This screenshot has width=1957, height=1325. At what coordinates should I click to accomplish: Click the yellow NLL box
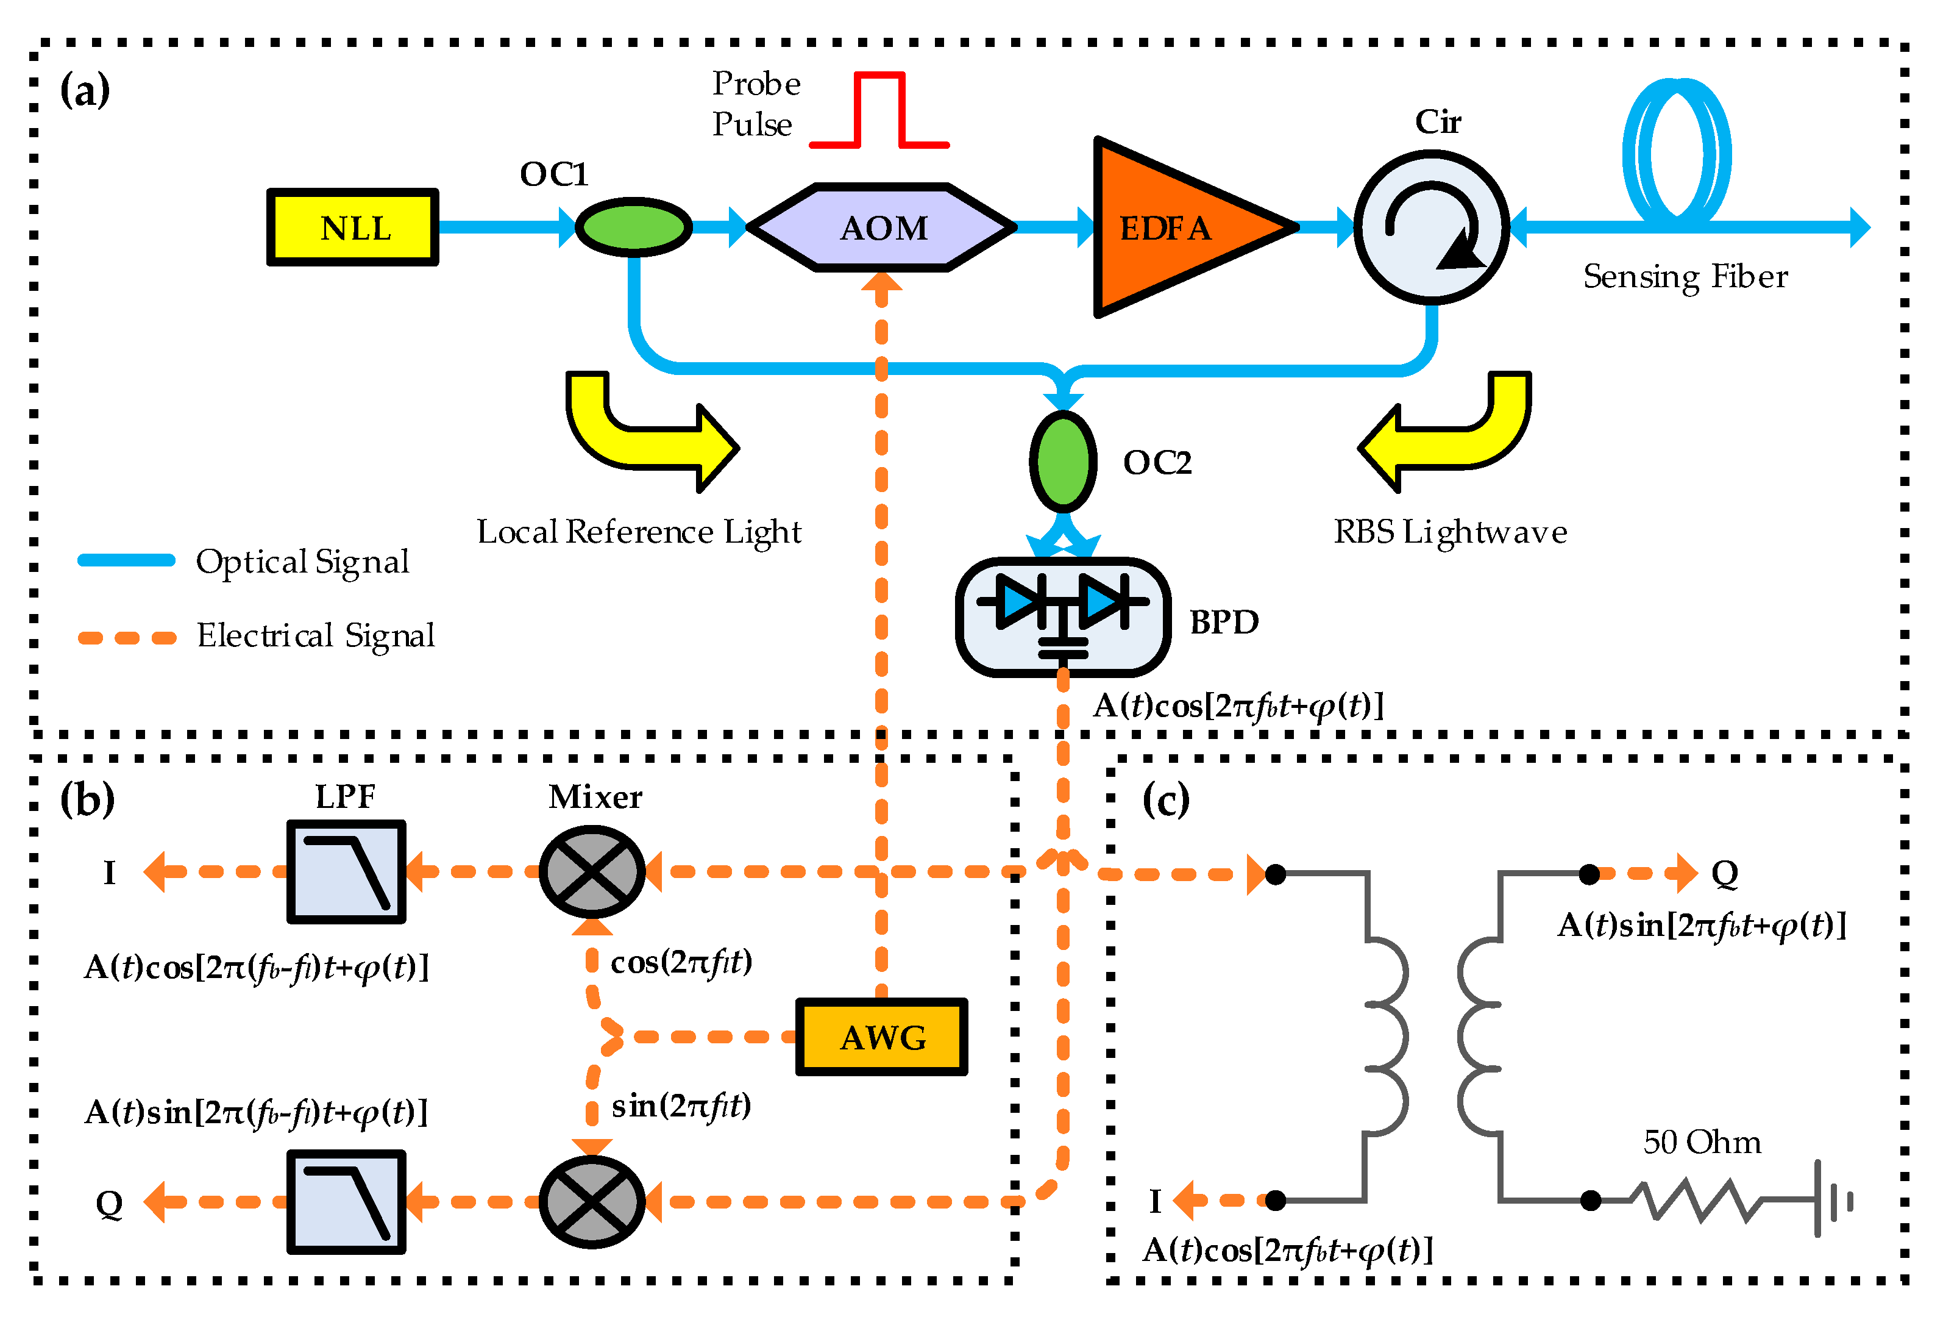353,227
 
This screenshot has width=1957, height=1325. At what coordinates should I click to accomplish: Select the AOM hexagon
882,227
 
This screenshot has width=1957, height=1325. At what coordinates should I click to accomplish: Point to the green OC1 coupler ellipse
633,227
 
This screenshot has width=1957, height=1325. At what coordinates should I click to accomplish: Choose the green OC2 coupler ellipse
1063,462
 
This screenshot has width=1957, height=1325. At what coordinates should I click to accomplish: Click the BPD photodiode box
1063,616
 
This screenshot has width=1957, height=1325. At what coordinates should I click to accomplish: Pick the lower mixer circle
592,1202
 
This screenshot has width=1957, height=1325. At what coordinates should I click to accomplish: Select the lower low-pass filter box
346,1202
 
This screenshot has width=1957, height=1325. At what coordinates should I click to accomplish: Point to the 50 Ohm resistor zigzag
1697,1201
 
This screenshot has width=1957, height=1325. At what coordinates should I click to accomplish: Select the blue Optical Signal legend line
126,560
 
